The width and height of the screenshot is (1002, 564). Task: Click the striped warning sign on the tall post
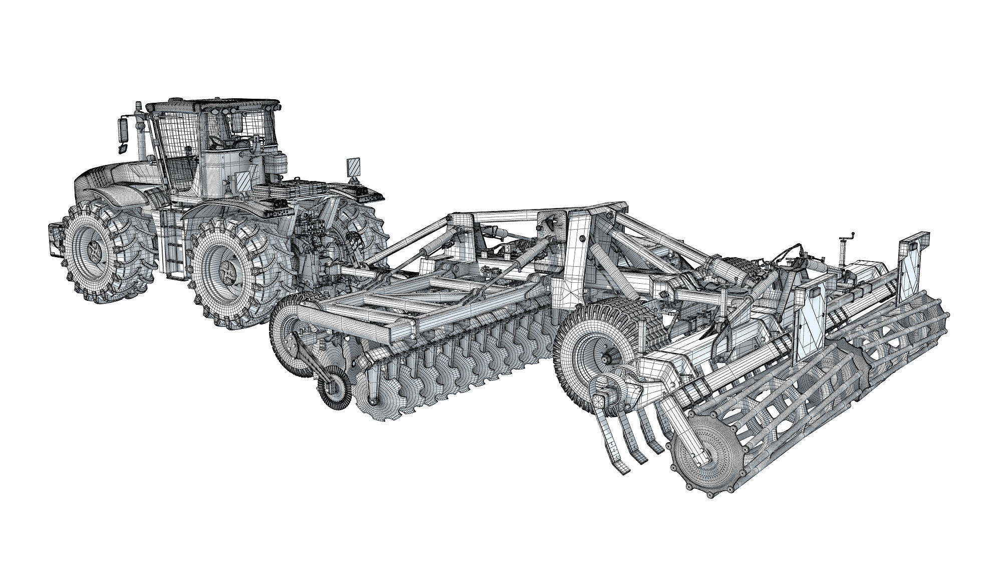point(353,167)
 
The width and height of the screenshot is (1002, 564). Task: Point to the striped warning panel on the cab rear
point(243,181)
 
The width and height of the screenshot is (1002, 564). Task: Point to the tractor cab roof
point(210,105)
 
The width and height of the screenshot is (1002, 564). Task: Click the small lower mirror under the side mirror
point(121,148)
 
